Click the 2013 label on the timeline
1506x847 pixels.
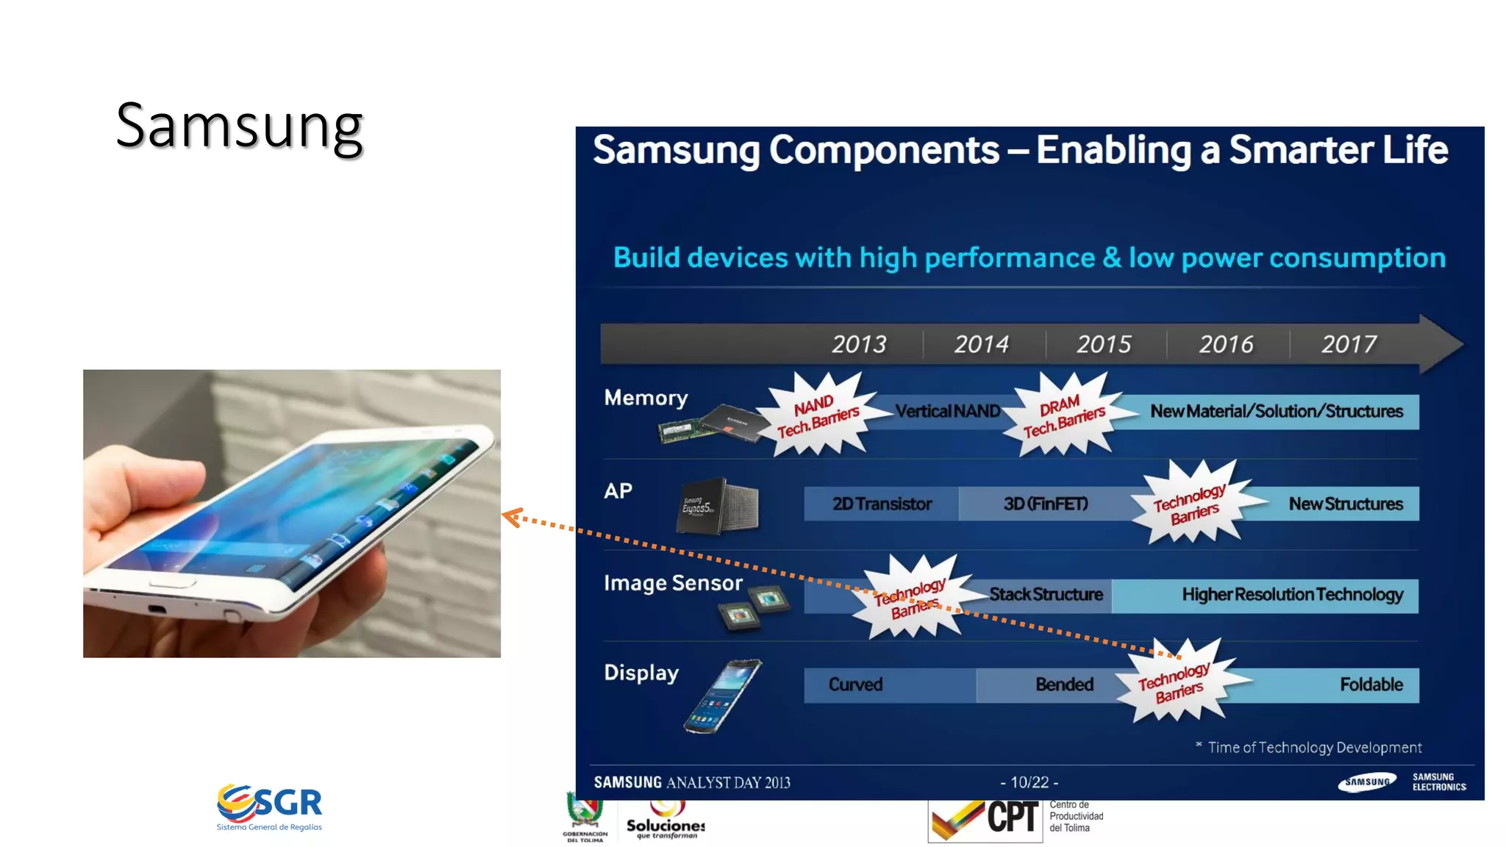click(858, 344)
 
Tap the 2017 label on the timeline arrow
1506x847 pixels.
click(1348, 344)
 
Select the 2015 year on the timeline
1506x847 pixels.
click(1103, 344)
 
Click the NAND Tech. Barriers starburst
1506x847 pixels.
click(818, 415)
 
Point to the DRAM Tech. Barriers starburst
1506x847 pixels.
click(1063, 415)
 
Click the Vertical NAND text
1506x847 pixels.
click(947, 411)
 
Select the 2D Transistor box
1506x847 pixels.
click(881, 504)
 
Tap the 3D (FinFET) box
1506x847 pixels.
click(1045, 504)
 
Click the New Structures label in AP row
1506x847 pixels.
click(1345, 504)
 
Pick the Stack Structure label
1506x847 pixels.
click(1045, 594)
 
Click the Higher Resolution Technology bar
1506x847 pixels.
click(1291, 594)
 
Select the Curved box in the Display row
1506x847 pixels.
click(855, 685)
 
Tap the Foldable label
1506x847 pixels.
click(1371, 685)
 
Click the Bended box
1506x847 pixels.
click(1063, 685)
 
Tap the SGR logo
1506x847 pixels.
click(269, 806)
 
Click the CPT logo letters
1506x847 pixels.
click(1012, 818)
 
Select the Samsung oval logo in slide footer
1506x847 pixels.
click(1366, 782)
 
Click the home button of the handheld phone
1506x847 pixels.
click(172, 582)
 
